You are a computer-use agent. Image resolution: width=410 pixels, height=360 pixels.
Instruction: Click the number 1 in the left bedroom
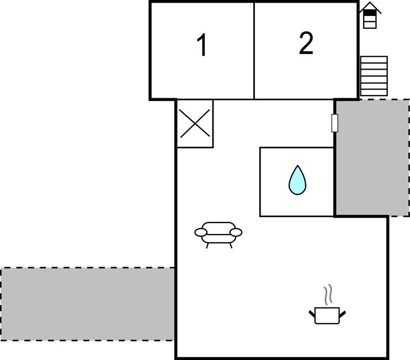203,45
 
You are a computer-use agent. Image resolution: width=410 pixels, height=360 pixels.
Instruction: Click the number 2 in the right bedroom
306,43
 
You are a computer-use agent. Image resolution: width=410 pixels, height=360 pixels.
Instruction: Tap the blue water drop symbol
297,180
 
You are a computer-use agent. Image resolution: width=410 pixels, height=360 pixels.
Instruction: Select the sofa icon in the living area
219,235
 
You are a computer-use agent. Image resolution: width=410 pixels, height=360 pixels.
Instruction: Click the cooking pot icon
327,315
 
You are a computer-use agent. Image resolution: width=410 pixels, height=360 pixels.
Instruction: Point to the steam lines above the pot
328,295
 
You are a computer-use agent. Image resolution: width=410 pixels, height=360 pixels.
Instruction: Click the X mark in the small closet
195,123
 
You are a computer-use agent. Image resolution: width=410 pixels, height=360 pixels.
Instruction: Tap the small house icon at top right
370,15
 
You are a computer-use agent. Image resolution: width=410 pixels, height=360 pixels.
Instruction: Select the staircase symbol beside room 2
374,76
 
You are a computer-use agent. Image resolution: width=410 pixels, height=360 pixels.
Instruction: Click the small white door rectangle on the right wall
335,123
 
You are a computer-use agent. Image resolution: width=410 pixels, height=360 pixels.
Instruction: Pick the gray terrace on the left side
88,304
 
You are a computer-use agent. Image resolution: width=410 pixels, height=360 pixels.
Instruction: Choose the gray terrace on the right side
372,158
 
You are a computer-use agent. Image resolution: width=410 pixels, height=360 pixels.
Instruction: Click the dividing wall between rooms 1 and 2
254,51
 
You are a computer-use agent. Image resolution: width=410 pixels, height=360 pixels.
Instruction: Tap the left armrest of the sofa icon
201,232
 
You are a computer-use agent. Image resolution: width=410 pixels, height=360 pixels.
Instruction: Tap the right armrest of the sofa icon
236,232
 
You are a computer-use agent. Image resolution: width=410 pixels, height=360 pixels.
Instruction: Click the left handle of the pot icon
312,314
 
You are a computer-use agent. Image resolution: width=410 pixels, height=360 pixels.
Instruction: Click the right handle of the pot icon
343,314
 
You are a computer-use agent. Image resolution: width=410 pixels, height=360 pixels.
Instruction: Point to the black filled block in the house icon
370,13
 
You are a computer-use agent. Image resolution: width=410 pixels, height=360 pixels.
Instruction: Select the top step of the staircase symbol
374,60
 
